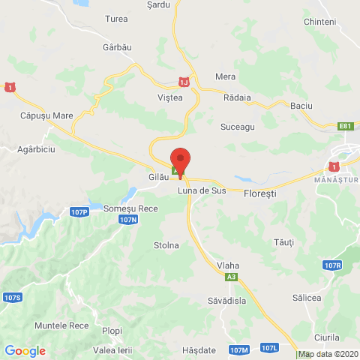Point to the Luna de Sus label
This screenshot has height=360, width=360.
[x=202, y=190]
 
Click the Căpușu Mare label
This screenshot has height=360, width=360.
[x=46, y=116]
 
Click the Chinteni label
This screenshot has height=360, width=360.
[x=320, y=22]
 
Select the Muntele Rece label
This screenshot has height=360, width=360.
[x=61, y=325]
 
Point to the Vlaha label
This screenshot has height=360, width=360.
[x=228, y=264]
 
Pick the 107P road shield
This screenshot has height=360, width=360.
[x=80, y=212]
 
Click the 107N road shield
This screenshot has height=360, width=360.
[x=128, y=219]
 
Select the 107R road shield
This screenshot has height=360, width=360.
[x=334, y=265]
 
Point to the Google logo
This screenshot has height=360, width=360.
[x=25, y=350]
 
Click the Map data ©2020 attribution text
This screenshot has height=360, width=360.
[x=328, y=354]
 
